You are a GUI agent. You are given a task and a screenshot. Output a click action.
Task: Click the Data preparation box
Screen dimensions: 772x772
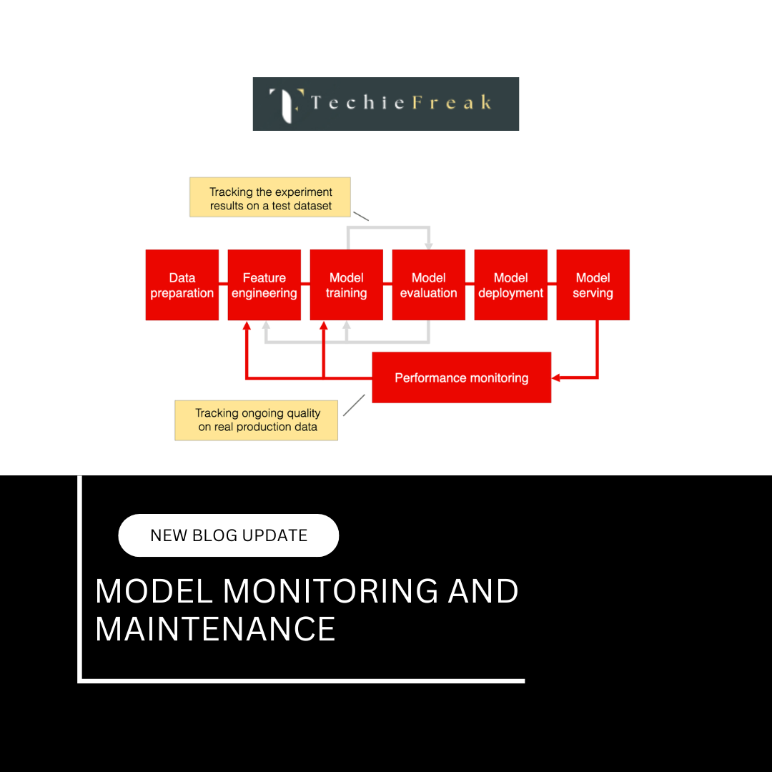pyautogui.click(x=182, y=284)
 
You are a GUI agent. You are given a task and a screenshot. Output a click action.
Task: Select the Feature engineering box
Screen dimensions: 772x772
pyautogui.click(x=264, y=284)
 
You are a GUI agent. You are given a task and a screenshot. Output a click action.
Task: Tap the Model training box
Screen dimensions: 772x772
pyautogui.click(x=346, y=284)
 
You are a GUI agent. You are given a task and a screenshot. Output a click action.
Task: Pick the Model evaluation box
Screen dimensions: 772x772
pyautogui.click(x=428, y=284)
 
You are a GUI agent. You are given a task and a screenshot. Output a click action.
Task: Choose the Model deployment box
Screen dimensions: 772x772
pyautogui.click(x=510, y=284)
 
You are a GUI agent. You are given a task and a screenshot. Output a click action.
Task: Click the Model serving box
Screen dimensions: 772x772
pyautogui.click(x=593, y=284)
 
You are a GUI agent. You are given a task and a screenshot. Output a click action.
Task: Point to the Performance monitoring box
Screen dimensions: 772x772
pyautogui.click(x=461, y=377)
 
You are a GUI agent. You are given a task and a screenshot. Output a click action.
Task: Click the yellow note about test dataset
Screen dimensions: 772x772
pyautogui.click(x=270, y=197)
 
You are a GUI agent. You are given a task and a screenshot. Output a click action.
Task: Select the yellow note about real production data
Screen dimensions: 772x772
pyautogui.click(x=257, y=420)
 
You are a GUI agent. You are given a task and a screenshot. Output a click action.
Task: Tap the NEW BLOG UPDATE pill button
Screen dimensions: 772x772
pyautogui.click(x=228, y=535)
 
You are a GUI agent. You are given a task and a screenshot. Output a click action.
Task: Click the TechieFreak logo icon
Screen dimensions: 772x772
pyautogui.click(x=285, y=104)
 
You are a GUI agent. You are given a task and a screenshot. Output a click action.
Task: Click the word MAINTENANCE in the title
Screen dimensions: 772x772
pyautogui.click(x=215, y=629)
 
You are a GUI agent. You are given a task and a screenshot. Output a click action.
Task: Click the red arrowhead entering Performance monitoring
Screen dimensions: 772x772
pyautogui.click(x=556, y=377)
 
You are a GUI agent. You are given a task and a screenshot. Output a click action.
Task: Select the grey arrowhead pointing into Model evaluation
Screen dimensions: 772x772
pyautogui.click(x=428, y=245)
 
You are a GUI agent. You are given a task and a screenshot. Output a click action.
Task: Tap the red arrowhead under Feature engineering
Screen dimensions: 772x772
pyautogui.click(x=247, y=325)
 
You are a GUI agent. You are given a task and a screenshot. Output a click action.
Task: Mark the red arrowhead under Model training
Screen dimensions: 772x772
pyautogui.click(x=324, y=325)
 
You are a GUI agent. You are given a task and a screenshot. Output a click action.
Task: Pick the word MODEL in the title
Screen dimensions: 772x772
pyautogui.click(x=154, y=591)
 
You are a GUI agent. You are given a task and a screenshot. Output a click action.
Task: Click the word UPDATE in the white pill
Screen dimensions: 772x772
pyautogui.click(x=275, y=535)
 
